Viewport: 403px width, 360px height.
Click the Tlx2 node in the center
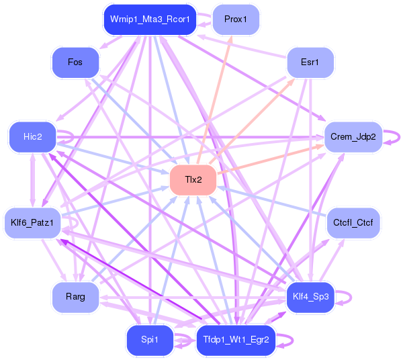(x=193, y=180)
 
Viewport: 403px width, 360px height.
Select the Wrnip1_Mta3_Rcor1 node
(x=150, y=20)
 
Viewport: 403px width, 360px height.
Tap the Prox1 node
(x=235, y=19)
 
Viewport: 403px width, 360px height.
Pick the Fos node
(x=75, y=62)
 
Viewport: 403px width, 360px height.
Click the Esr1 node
(x=310, y=62)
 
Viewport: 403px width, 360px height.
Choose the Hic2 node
(x=32, y=136)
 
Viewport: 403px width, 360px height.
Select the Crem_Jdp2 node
(x=353, y=136)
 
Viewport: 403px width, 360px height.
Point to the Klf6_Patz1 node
(x=32, y=221)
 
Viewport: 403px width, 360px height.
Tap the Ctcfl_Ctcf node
(x=353, y=222)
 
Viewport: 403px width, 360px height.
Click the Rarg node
(x=76, y=297)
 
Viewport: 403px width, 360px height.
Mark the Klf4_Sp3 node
(x=310, y=297)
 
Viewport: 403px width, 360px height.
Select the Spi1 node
(x=150, y=340)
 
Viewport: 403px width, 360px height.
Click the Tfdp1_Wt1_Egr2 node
(x=235, y=340)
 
